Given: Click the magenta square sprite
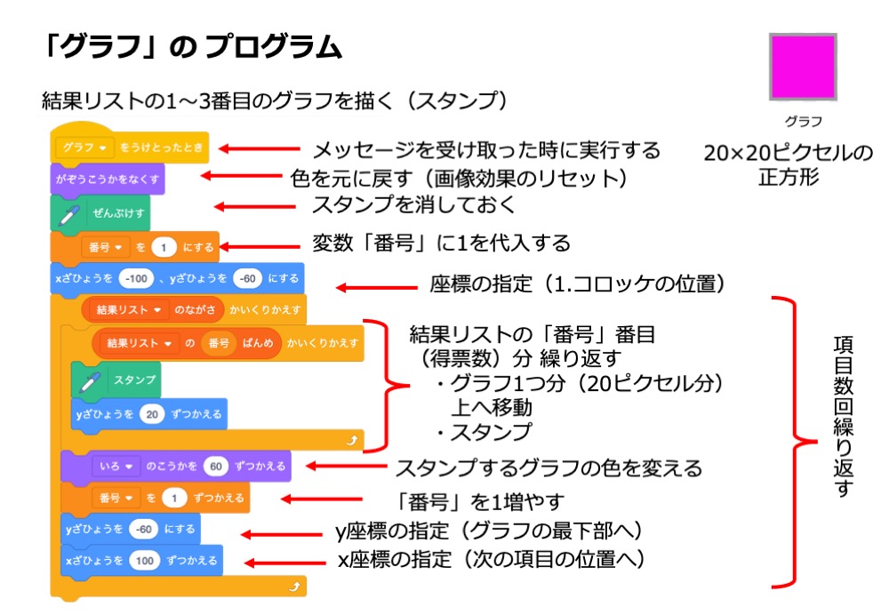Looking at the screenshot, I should coord(803,67).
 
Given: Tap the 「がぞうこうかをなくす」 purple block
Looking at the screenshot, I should coord(107,178).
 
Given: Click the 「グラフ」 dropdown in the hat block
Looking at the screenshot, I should coord(85,146).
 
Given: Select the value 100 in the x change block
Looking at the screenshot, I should coord(143,561).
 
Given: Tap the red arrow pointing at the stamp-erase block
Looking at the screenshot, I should coord(259,206).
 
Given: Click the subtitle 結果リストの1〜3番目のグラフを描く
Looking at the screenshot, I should coord(275,100).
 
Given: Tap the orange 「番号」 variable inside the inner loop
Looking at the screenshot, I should coord(217,342).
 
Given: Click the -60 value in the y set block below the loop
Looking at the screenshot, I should coord(143,528).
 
